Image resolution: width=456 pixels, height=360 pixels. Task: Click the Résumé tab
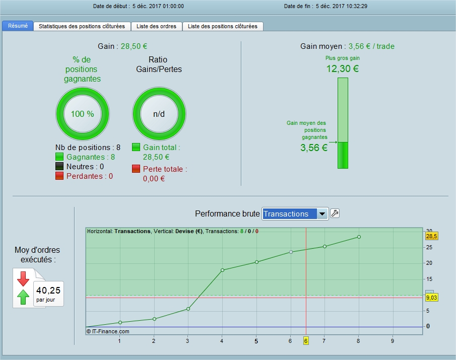coord(18,26)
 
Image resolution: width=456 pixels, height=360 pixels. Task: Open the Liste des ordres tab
coord(157,26)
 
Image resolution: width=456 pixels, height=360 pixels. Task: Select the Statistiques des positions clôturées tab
coord(82,26)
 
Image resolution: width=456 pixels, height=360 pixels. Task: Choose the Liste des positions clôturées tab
coord(223,26)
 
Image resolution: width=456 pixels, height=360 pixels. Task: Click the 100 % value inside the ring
coord(83,114)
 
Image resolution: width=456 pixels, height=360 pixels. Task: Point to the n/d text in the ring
coord(159,114)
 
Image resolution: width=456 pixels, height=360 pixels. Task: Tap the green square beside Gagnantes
coord(59,157)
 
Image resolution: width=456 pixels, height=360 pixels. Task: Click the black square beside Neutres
coord(59,167)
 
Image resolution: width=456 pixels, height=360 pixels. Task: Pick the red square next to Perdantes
coord(59,176)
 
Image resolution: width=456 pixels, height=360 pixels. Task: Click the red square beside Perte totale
coord(136,169)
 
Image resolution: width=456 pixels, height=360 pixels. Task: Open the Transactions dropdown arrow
coord(322,214)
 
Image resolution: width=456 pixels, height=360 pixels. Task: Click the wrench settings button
coord(335,213)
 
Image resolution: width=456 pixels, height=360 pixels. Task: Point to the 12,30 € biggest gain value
coord(343,69)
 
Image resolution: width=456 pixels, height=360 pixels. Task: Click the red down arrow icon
coord(23,279)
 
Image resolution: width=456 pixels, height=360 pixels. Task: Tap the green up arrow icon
coord(23,297)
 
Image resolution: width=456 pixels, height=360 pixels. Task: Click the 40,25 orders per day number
coord(48,291)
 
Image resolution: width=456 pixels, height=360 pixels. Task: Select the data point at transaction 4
coord(223,270)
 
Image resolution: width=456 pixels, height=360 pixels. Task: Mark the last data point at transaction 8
coord(359,237)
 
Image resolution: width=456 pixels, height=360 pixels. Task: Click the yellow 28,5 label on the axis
coord(432,236)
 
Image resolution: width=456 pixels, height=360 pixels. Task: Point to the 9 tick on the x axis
coord(393,341)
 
